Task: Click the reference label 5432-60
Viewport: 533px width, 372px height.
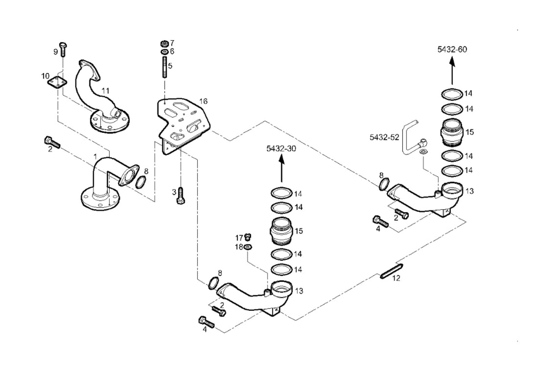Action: [452, 49]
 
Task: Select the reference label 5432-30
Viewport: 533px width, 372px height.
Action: [281, 148]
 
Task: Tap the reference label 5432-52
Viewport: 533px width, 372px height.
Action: [384, 137]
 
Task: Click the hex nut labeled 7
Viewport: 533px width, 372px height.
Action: [165, 44]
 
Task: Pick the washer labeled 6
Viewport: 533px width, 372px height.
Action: [165, 52]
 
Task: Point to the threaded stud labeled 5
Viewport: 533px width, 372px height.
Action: [165, 67]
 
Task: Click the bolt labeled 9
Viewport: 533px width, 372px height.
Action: [63, 49]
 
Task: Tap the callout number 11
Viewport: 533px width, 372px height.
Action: [105, 91]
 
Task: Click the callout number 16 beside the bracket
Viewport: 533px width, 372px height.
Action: [203, 101]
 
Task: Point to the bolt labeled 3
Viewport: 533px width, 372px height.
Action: [181, 195]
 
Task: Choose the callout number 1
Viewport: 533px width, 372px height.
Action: [95, 157]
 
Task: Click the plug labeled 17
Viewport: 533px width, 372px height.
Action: [248, 237]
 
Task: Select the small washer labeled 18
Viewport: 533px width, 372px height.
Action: [248, 247]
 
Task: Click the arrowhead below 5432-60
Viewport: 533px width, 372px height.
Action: [452, 61]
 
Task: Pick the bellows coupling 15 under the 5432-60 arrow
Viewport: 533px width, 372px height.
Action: [452, 132]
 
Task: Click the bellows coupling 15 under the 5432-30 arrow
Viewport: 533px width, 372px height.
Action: [281, 231]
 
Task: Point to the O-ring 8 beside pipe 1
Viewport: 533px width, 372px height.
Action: [141, 182]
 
